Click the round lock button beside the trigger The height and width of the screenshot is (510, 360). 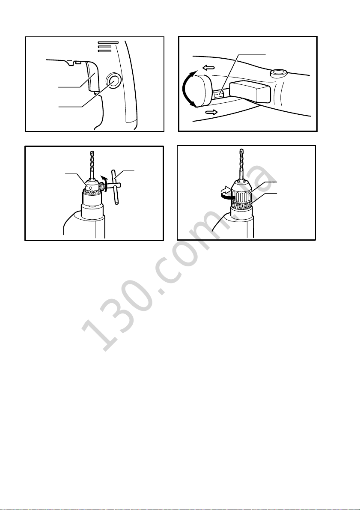[113, 80]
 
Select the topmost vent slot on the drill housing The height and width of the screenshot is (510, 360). [108, 42]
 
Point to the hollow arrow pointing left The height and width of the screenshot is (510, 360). [208, 68]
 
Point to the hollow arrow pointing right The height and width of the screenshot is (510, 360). [212, 113]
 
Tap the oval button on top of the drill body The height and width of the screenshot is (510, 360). [280, 72]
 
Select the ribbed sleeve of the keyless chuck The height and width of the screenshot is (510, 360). [241, 194]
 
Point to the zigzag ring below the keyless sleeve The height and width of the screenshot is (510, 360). [241, 206]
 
